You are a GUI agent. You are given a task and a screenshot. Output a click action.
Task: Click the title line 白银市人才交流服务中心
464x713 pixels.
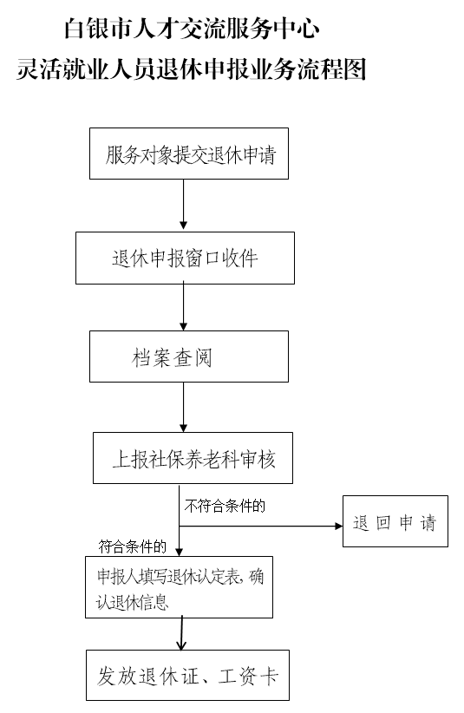[192, 29]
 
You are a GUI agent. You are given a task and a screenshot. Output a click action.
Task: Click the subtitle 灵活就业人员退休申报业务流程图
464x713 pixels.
[192, 69]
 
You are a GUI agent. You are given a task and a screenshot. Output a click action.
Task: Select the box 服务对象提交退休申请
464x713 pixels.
[189, 154]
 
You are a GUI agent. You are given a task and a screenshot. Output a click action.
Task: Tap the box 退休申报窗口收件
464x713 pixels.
[185, 258]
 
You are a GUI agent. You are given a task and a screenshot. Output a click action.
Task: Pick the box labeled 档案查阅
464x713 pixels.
[189, 356]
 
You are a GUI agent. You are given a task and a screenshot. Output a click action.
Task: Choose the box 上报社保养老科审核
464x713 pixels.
[193, 458]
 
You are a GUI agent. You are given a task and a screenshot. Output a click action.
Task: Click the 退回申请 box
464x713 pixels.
[395, 521]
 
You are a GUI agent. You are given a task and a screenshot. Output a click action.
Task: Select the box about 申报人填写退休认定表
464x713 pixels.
[179, 587]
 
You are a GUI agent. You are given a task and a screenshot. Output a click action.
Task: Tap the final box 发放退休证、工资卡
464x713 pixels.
[187, 675]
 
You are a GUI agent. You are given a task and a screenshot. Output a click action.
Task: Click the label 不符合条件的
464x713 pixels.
[225, 506]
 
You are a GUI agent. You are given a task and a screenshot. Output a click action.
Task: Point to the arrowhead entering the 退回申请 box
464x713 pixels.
[339, 527]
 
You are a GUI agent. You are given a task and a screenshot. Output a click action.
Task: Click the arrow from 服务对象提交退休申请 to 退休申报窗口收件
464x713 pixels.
[184, 204]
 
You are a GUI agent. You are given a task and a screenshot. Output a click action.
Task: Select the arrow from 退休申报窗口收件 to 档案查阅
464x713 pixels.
[184, 306]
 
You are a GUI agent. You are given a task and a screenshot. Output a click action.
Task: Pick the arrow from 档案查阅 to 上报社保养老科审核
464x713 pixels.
[184, 407]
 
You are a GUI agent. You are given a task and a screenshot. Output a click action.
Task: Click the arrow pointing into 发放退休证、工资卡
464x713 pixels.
[182, 633]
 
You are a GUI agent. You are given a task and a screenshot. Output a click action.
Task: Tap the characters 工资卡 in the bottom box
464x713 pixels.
[248, 677]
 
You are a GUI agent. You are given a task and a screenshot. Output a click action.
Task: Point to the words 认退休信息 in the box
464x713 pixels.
[132, 603]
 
